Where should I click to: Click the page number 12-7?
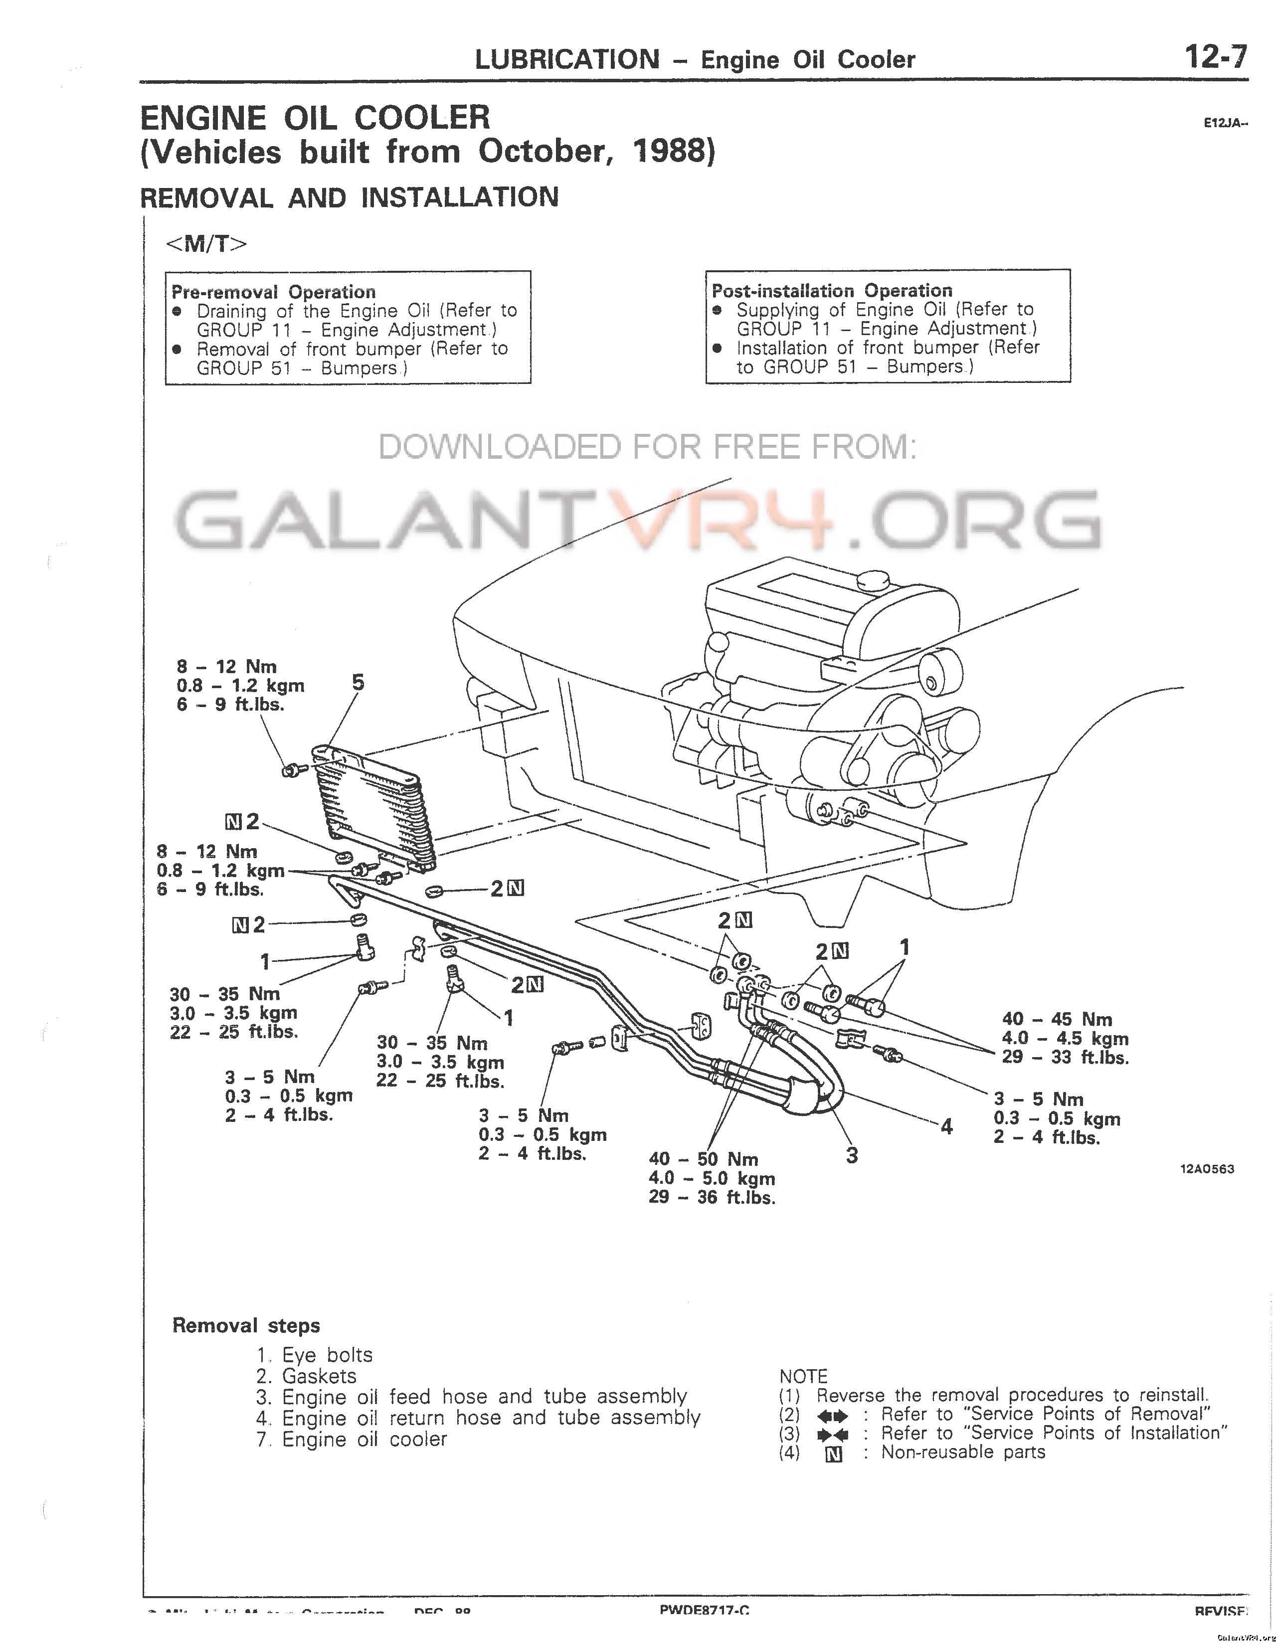(x=1215, y=57)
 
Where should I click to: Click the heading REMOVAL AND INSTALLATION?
(x=349, y=198)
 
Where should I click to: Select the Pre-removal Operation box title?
(x=273, y=291)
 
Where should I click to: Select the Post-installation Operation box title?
(x=832, y=290)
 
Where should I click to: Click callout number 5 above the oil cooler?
(x=358, y=682)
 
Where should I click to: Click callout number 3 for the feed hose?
(x=851, y=1155)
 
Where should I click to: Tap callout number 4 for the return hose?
(x=946, y=1126)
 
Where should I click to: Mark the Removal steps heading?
(x=246, y=1325)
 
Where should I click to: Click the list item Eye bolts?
(x=327, y=1355)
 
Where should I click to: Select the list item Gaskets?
(x=319, y=1376)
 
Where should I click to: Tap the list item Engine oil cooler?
(x=364, y=1439)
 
